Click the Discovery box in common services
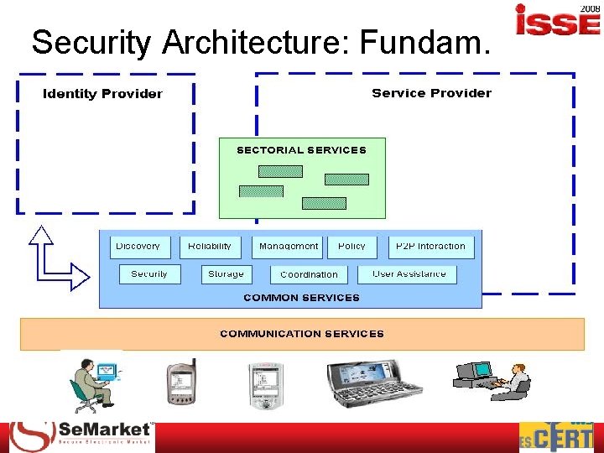pos(139,247)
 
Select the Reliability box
pos(210,247)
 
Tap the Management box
pos(289,247)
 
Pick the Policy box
pos(351,247)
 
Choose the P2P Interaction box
pos(430,247)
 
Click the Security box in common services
pos(149,274)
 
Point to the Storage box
pos(226,274)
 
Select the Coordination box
pos(309,274)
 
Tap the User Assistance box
pos(409,274)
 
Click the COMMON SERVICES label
pos(301,298)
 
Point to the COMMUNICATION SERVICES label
pos(302,334)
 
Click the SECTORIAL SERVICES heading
pos(301,150)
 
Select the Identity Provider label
pos(102,94)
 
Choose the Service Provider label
pos(431,93)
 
